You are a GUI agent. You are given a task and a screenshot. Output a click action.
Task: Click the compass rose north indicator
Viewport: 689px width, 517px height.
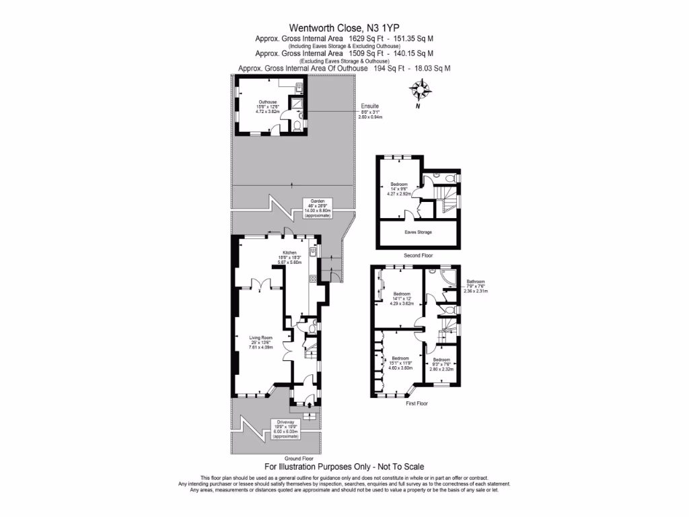pos(422,91)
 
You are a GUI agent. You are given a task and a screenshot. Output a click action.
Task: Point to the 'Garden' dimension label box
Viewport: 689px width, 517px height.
pos(317,208)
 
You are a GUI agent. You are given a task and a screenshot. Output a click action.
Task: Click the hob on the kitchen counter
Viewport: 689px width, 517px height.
pos(313,279)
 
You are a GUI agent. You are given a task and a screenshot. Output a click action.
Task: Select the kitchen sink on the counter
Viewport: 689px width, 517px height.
pos(313,252)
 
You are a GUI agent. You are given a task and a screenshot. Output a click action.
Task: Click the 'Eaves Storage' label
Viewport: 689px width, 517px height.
pos(418,232)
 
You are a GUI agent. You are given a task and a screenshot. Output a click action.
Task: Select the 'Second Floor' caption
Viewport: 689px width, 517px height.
pos(418,256)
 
